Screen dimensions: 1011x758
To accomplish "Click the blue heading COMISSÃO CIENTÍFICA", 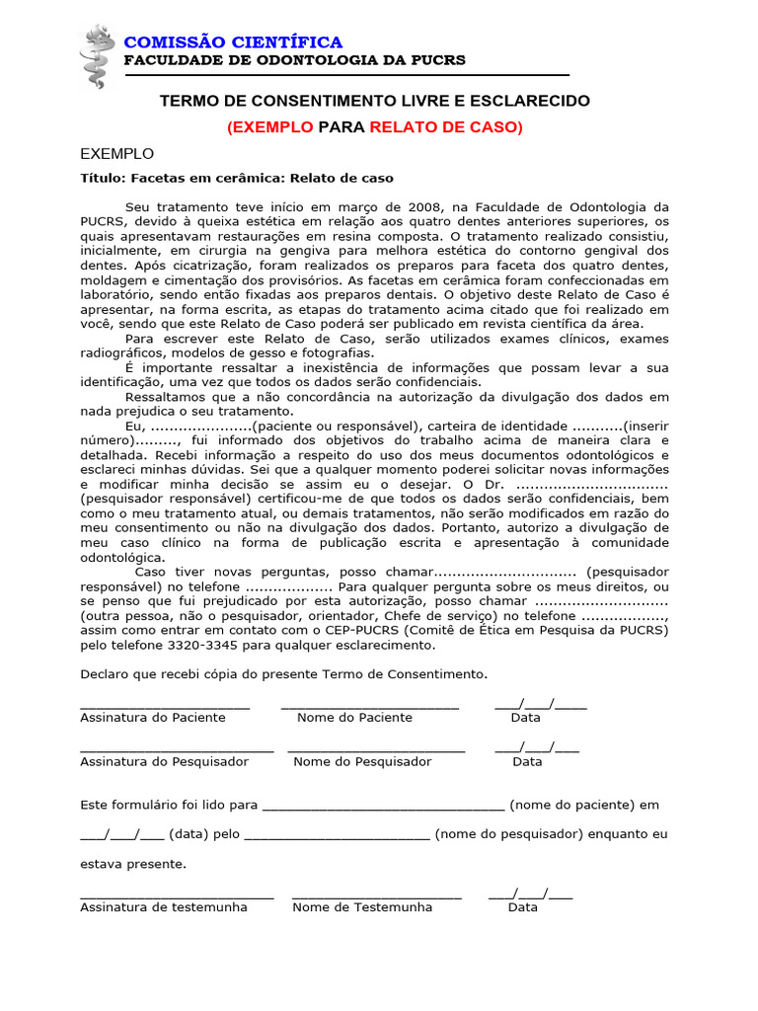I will pos(233,41).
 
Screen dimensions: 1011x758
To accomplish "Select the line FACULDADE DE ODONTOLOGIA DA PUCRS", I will pos(294,60).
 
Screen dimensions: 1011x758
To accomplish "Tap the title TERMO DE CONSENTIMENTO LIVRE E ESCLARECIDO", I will pos(375,102).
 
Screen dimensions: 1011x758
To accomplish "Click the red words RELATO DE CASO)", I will pos(446,127).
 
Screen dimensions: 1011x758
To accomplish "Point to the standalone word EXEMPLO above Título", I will pos(116,154).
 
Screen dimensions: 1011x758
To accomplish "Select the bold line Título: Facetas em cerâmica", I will pos(237,179).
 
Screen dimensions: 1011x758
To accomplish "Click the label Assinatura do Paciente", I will pos(152,718).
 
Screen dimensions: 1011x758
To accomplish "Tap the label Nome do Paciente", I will pos(354,718).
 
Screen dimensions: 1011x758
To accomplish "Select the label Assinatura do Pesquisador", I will pos(164,762).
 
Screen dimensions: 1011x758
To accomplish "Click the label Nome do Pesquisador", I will pos(362,762).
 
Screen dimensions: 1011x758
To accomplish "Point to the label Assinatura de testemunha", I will pos(164,907).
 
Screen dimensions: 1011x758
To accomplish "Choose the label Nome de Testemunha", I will pos(362,907).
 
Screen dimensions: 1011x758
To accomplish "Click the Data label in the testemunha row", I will pos(523,907).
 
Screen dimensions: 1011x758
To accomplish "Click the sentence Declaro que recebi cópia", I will pos(283,674).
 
